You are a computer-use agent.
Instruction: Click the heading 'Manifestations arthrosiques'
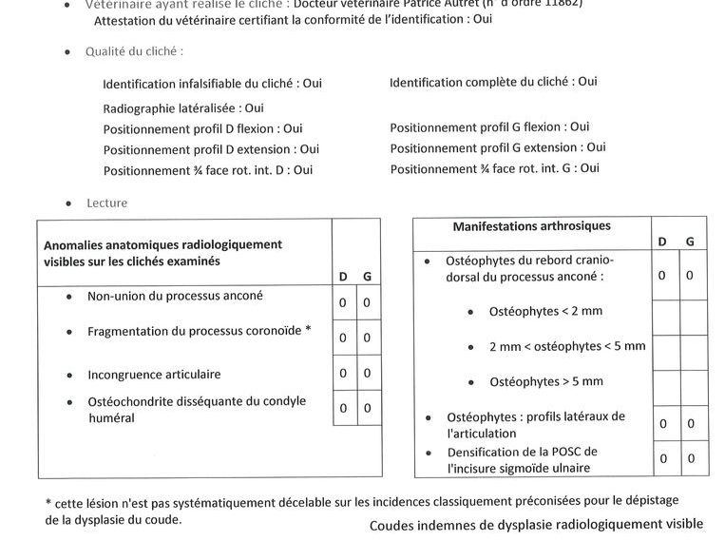(531, 226)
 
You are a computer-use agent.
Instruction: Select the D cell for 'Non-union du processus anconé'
(344, 302)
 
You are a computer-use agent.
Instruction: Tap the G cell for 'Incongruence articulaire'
(367, 373)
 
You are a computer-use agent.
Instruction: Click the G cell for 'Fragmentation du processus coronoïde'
(367, 338)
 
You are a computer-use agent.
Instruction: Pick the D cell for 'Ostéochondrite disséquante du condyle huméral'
(344, 408)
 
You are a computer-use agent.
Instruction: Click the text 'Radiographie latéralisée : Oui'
(183, 108)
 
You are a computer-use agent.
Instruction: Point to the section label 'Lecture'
(106, 203)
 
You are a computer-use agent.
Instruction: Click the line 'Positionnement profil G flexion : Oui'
(489, 126)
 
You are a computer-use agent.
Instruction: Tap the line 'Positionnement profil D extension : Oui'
(211, 149)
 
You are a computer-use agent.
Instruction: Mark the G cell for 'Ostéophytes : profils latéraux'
(691, 423)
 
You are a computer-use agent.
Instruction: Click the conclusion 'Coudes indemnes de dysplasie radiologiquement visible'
(536, 524)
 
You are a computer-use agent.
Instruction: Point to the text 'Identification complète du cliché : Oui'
(493, 83)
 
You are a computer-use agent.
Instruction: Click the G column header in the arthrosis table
(691, 242)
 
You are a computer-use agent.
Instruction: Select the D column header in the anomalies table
(344, 277)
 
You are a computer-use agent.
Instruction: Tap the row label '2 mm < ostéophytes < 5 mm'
(566, 346)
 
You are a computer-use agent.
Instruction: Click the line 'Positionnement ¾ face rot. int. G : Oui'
(494, 168)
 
